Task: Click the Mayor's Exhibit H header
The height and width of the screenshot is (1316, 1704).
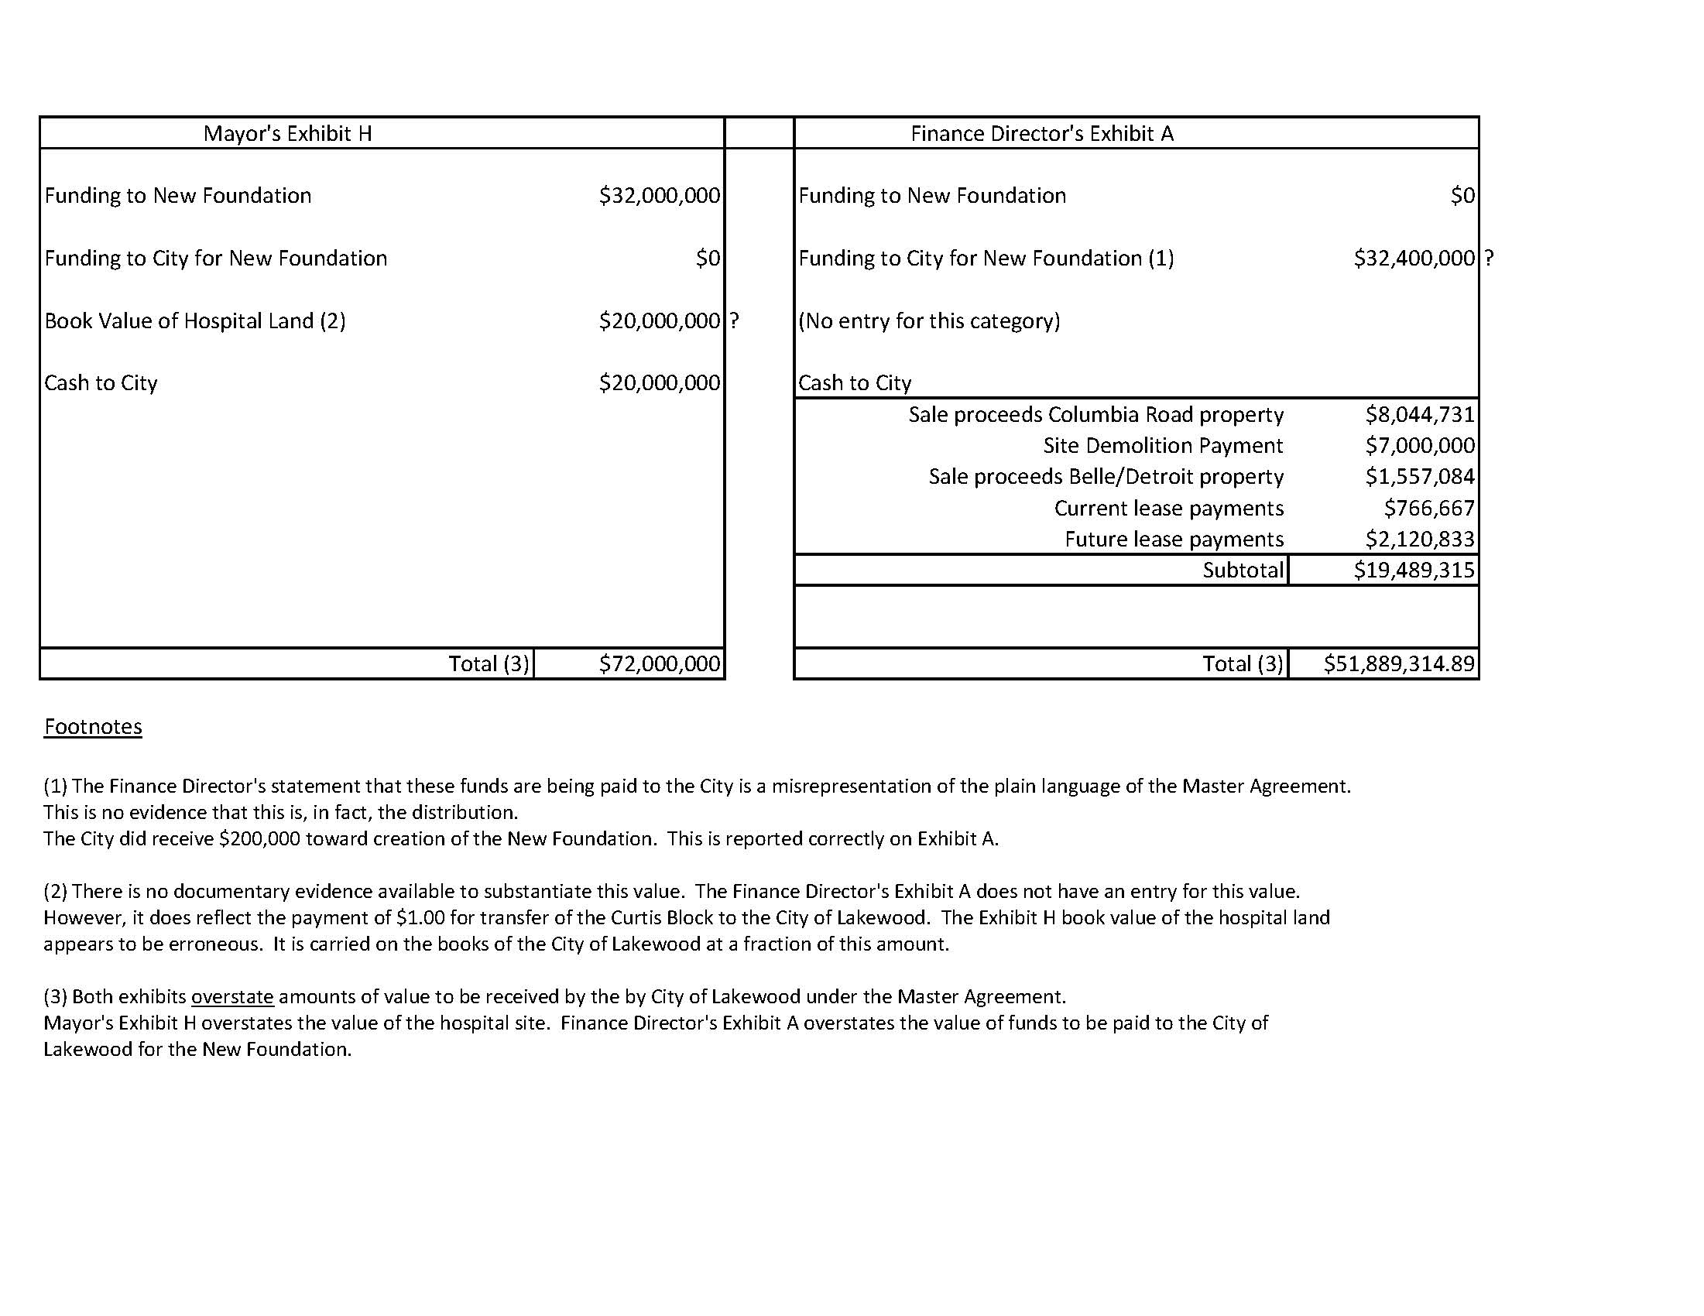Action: (287, 133)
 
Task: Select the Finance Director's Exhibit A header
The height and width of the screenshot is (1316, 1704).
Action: (1041, 133)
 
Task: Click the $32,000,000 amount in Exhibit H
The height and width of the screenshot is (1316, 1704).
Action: (660, 195)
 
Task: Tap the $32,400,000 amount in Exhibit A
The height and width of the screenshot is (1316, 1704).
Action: (1414, 259)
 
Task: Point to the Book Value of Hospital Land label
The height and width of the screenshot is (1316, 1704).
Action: (195, 320)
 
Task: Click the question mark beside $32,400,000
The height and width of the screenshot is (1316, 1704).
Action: (1489, 259)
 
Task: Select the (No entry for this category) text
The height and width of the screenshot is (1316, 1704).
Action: (929, 320)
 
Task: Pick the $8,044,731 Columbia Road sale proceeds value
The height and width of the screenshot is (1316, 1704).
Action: (1419, 414)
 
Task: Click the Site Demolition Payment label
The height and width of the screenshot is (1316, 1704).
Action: (1163, 445)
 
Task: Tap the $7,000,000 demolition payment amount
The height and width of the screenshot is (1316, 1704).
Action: (1419, 445)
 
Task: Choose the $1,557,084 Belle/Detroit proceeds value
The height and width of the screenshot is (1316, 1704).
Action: (1419, 477)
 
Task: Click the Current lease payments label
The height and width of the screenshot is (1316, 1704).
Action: (1168, 508)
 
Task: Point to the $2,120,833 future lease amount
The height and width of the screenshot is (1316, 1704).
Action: (1419, 539)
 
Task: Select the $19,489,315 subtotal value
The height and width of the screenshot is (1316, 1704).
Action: (1414, 571)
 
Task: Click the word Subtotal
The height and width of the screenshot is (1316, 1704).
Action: (1242, 571)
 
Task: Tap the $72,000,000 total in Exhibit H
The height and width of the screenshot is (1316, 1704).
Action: (660, 664)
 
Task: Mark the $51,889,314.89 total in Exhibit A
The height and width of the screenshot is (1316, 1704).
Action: (1398, 664)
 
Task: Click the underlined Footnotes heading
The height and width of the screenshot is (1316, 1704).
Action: (93, 726)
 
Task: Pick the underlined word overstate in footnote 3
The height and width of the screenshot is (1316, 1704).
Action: (232, 996)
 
